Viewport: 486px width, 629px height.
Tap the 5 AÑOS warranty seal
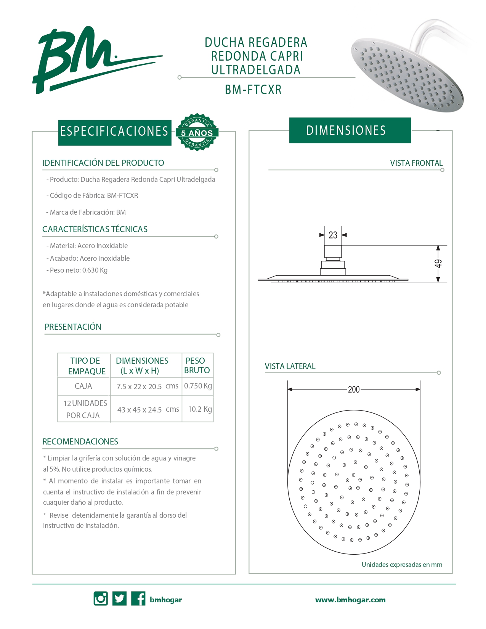click(x=197, y=132)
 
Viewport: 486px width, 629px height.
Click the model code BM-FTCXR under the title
click(x=253, y=90)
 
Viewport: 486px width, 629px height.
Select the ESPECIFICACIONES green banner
click(x=114, y=132)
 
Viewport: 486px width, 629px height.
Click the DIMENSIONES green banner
click(x=350, y=130)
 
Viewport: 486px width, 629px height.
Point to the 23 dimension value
click(x=333, y=235)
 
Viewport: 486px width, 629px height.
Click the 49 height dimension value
click(x=438, y=263)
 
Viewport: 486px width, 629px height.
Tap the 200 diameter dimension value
click(x=354, y=389)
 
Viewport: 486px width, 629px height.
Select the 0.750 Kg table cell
click(x=198, y=386)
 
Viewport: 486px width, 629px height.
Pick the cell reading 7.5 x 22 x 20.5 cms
click(x=147, y=386)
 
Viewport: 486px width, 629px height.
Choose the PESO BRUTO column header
click(x=197, y=365)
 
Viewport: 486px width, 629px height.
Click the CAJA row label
click(x=83, y=386)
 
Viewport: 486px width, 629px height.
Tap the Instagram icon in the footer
click(x=101, y=599)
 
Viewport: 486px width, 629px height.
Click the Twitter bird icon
click(x=119, y=599)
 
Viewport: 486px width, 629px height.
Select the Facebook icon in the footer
click(x=138, y=599)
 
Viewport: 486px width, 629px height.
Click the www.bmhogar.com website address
click(x=350, y=600)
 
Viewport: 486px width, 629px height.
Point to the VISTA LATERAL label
click(x=290, y=366)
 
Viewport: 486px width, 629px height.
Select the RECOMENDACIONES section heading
click(x=80, y=441)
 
